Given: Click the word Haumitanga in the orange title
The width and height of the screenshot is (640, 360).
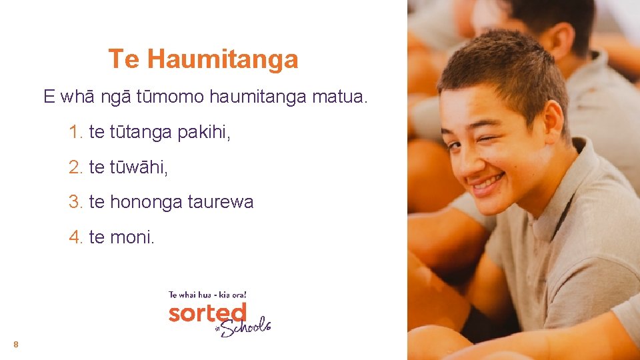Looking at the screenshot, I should (223, 60).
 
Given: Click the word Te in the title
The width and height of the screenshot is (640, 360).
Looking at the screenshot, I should (124, 59).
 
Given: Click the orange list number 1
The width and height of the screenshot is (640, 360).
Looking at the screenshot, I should (75, 133).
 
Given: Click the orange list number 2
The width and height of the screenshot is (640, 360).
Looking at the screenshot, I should (75, 167).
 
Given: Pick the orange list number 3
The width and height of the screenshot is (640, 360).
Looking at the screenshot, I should (75, 202).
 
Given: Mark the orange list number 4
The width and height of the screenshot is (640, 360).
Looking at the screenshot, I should (75, 237).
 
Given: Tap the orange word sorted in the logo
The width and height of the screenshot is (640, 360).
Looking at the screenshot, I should (207, 313).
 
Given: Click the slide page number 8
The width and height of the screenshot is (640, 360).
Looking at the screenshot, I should (15, 345).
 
